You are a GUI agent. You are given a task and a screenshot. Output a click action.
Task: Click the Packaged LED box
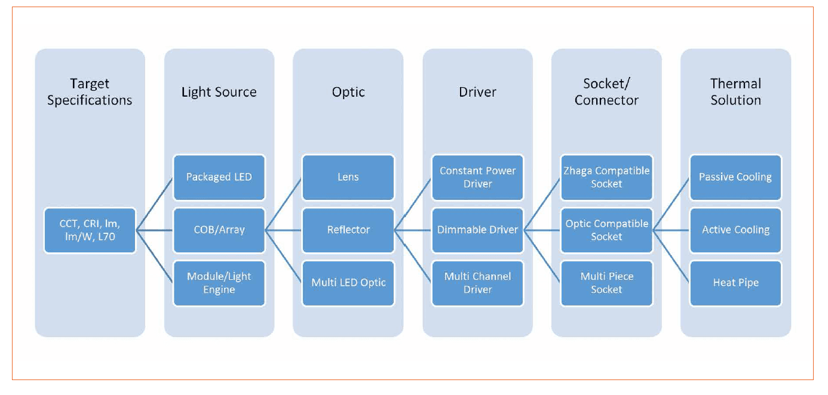pos(219,178)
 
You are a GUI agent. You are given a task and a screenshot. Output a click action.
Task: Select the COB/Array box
pos(219,230)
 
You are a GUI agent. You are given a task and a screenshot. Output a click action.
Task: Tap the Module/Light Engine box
pos(219,283)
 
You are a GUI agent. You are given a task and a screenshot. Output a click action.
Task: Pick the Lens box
pos(348,178)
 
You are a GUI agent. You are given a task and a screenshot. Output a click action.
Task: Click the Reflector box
pos(348,230)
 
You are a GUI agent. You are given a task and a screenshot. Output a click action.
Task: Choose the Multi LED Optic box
pos(348,283)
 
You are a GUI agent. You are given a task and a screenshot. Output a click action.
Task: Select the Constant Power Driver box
pos(477,178)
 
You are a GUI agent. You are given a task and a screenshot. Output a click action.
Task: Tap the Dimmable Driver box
pos(477,230)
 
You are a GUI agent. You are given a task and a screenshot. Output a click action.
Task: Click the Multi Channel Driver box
pos(477,283)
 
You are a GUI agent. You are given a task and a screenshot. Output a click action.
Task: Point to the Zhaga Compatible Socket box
pos(606,178)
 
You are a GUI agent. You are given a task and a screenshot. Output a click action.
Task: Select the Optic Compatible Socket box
pos(606,230)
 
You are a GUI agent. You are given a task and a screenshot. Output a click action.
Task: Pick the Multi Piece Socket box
pos(606,283)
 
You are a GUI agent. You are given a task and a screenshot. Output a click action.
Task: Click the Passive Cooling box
pos(735,178)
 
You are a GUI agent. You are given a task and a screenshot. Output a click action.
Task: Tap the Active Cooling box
pos(735,230)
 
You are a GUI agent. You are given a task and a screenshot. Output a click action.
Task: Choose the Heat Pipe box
pos(735,283)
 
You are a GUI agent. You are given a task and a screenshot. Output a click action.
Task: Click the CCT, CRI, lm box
pos(90,230)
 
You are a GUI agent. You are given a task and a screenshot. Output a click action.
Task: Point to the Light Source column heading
pos(219,92)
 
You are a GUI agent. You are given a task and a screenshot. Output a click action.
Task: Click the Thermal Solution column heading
pos(735,92)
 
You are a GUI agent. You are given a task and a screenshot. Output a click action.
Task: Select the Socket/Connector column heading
pos(606,92)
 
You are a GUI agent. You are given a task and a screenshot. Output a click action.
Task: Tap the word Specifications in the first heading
pos(90,100)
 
